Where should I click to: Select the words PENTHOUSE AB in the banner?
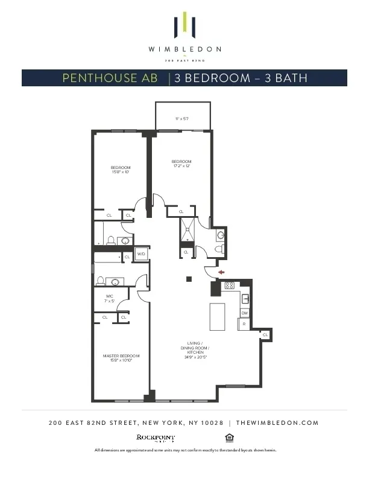pos(112,78)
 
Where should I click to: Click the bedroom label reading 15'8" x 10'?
pos(120,170)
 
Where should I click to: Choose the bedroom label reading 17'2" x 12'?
pos(181,164)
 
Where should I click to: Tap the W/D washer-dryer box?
pos(141,255)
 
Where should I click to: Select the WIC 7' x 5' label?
pos(110,298)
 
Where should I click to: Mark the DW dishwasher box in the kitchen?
pos(245,313)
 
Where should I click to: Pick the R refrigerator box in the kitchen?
pos(244,325)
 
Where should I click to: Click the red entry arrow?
pos(221,272)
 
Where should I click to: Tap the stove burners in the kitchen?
pos(230,287)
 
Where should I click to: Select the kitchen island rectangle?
pos(217,317)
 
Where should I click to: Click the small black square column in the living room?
pos(189,279)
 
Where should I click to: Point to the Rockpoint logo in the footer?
pos(156,438)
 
